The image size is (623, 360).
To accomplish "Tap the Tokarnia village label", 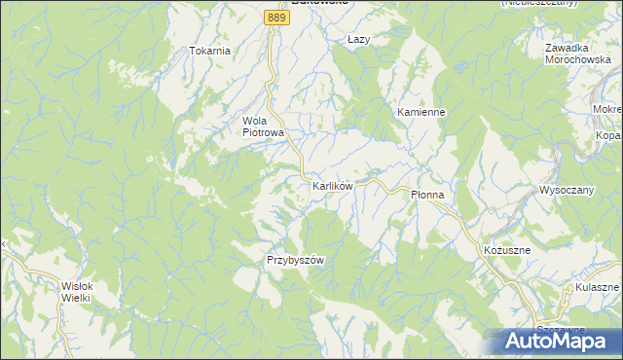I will [x=209, y=51].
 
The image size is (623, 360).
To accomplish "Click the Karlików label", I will [x=338, y=184].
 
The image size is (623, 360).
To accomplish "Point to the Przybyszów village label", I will [x=294, y=260].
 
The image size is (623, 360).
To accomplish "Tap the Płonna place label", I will [x=426, y=195].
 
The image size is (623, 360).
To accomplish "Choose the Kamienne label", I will [x=421, y=112].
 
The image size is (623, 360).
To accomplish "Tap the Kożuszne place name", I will [x=506, y=250].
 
